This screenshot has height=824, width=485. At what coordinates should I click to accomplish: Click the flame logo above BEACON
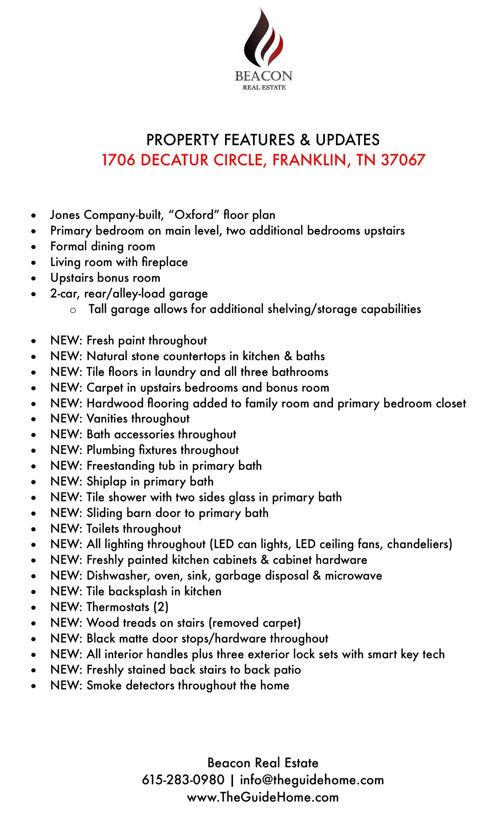(263, 38)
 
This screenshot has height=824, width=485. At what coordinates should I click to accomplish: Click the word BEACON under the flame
(264, 76)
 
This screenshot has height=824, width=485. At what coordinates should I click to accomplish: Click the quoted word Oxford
(192, 215)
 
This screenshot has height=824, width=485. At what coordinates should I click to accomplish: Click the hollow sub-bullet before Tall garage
(73, 310)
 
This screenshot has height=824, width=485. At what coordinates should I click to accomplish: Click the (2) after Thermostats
(161, 607)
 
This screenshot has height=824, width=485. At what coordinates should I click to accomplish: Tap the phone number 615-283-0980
(183, 780)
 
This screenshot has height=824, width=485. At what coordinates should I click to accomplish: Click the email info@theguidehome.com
(312, 780)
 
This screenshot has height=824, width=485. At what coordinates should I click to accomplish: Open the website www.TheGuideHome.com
(263, 797)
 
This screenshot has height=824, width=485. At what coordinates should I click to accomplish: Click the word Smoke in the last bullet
(104, 685)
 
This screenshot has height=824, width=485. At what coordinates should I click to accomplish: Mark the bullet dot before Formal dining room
(34, 247)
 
